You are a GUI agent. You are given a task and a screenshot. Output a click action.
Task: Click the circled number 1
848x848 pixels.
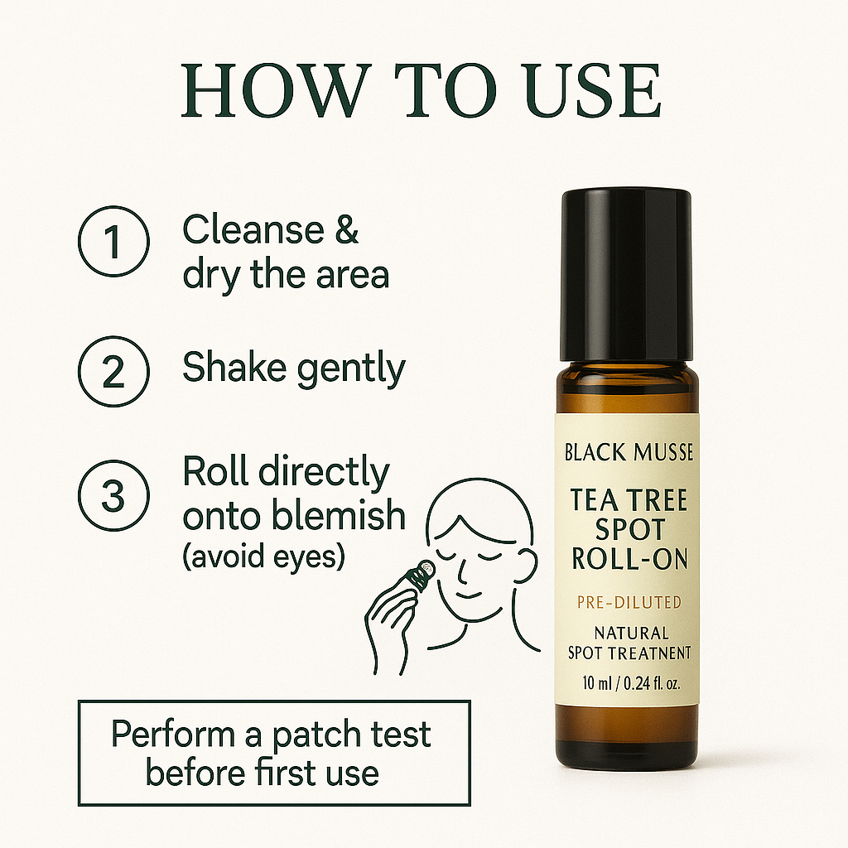point(113,241)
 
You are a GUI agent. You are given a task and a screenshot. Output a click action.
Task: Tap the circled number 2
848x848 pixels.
point(113,372)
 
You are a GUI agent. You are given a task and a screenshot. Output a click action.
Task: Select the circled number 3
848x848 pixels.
point(113,495)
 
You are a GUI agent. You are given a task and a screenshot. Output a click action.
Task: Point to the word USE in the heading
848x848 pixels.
point(593,91)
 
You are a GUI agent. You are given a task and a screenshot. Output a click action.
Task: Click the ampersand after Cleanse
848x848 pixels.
point(346,229)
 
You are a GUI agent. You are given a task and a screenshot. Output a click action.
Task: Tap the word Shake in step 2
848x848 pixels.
point(234,367)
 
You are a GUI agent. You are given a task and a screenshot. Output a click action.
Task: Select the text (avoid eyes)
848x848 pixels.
point(264,556)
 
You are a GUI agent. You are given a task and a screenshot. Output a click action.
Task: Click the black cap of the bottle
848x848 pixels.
point(627,275)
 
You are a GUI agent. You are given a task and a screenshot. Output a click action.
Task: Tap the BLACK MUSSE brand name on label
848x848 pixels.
point(629,452)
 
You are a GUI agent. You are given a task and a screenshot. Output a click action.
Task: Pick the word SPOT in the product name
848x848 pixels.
point(629,529)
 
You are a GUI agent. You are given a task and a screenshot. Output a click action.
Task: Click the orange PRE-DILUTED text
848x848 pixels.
point(629,602)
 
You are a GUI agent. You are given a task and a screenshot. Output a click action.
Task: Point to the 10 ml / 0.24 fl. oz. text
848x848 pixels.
point(630,683)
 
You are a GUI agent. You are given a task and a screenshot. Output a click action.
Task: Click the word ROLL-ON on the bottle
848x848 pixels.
point(629,559)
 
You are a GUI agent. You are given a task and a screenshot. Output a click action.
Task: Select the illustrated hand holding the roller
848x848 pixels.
point(391,622)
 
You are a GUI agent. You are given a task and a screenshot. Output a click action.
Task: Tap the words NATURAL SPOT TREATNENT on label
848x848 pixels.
point(629,643)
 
